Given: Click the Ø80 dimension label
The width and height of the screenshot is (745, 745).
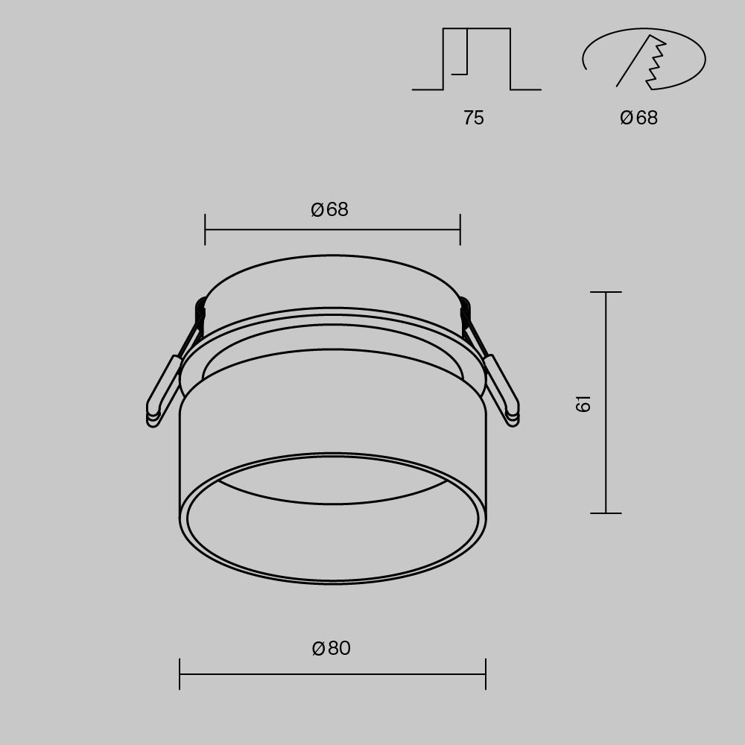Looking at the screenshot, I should click(x=332, y=648).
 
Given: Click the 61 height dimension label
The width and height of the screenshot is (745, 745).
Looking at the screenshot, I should click(x=583, y=403).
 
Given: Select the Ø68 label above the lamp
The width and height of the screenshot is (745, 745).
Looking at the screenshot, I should click(x=330, y=209).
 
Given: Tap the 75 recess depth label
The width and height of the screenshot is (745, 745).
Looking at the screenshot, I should click(x=473, y=118).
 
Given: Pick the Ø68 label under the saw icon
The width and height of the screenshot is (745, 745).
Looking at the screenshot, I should click(x=639, y=118).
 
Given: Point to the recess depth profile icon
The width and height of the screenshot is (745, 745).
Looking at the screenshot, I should click(x=477, y=60).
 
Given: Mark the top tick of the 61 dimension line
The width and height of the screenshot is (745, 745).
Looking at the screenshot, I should click(x=606, y=292).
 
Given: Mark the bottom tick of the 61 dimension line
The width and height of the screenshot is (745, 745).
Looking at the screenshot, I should click(x=606, y=513).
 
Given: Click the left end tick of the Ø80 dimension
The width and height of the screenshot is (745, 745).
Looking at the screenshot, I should click(x=180, y=673).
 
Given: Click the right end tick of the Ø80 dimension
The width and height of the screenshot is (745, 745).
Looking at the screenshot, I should click(x=486, y=673).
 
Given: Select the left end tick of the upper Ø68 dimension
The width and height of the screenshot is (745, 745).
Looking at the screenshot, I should click(x=205, y=229).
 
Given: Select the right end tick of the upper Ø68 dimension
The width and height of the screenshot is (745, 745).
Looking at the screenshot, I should click(x=460, y=229).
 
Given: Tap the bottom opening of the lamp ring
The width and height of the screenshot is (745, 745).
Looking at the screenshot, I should click(x=332, y=536).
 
